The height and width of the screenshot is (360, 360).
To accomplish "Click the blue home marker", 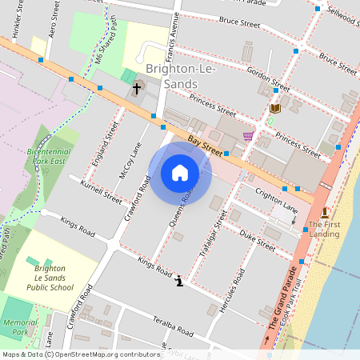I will (x=180, y=173).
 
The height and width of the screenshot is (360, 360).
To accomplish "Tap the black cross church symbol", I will (x=137, y=88).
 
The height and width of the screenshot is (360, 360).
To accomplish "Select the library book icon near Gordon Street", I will (x=275, y=108).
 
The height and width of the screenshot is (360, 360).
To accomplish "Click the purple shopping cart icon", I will (x=248, y=136).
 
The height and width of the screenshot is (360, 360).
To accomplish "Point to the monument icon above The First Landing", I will (x=324, y=212).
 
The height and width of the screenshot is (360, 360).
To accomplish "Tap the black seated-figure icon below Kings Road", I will (x=179, y=280).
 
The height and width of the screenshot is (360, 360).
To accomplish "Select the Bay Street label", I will (x=204, y=144).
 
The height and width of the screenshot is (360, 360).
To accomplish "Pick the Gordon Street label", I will (x=268, y=78).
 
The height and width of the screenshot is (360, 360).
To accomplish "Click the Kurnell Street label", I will (x=102, y=192).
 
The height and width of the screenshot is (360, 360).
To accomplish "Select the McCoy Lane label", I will (x=129, y=161).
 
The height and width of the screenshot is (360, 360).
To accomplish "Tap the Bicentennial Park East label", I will (x=50, y=155).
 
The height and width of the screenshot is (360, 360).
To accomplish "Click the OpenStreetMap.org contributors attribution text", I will (x=104, y=354).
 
